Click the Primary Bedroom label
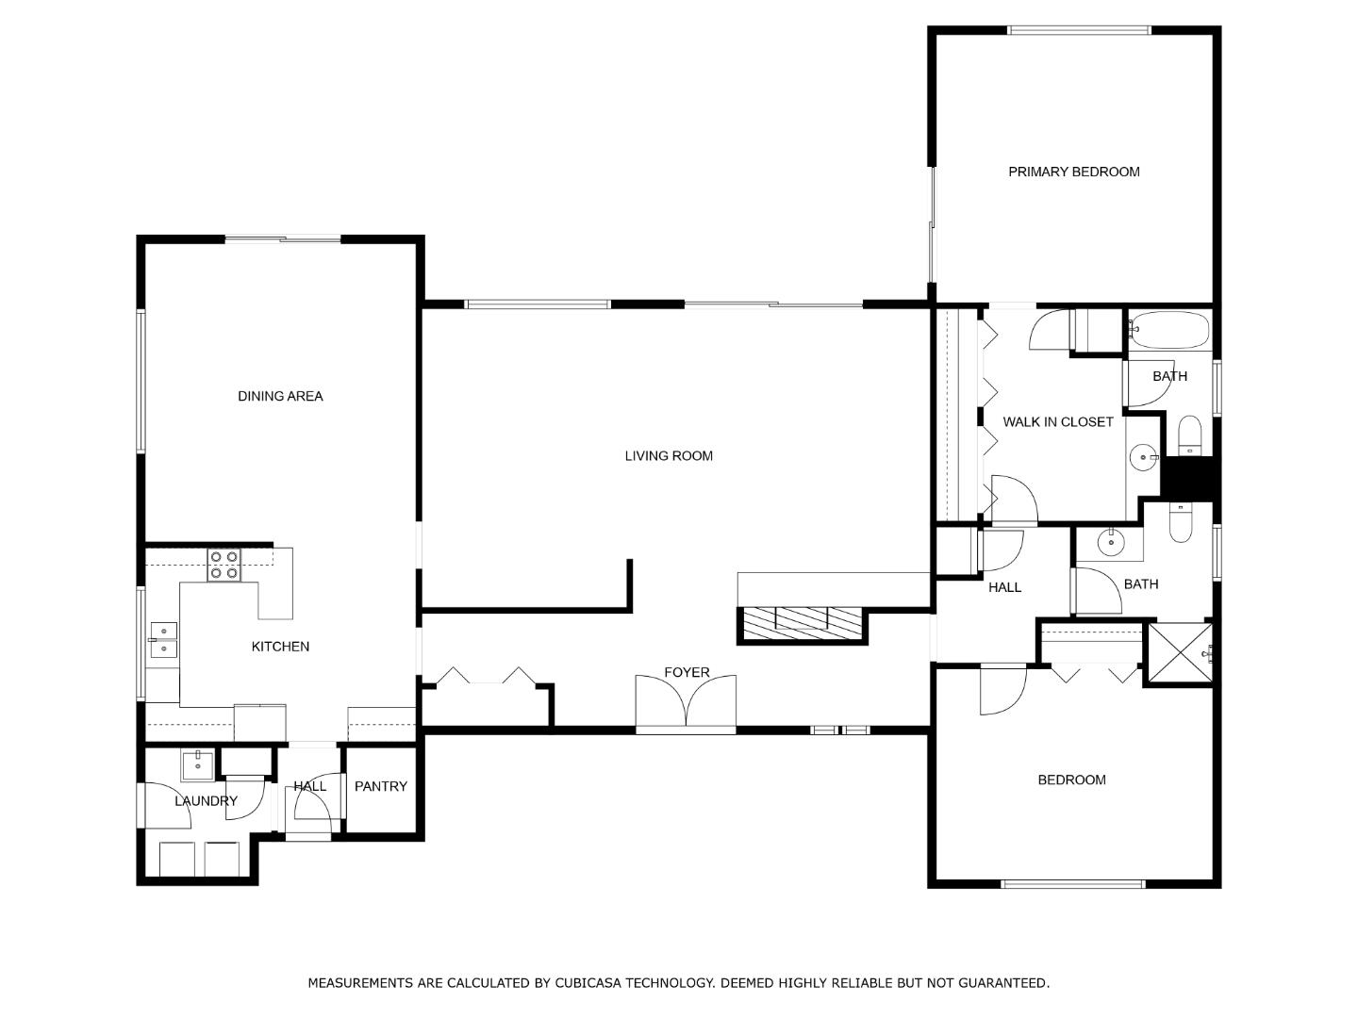click(x=1073, y=172)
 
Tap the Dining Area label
click(x=280, y=396)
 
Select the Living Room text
click(x=669, y=456)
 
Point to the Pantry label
click(x=380, y=786)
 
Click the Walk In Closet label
click(x=1057, y=422)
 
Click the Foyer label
click(x=687, y=672)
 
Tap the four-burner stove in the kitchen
click(x=224, y=565)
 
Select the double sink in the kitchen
click(x=164, y=640)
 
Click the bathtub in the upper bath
click(x=1168, y=330)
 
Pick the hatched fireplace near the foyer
click(x=802, y=623)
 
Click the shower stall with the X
click(x=1180, y=652)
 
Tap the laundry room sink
click(x=197, y=766)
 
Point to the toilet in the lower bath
click(x=1181, y=523)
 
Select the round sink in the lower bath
click(x=1111, y=543)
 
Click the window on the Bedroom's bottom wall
click(x=1073, y=884)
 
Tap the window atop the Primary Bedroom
click(x=1079, y=30)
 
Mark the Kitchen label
click(x=280, y=647)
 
